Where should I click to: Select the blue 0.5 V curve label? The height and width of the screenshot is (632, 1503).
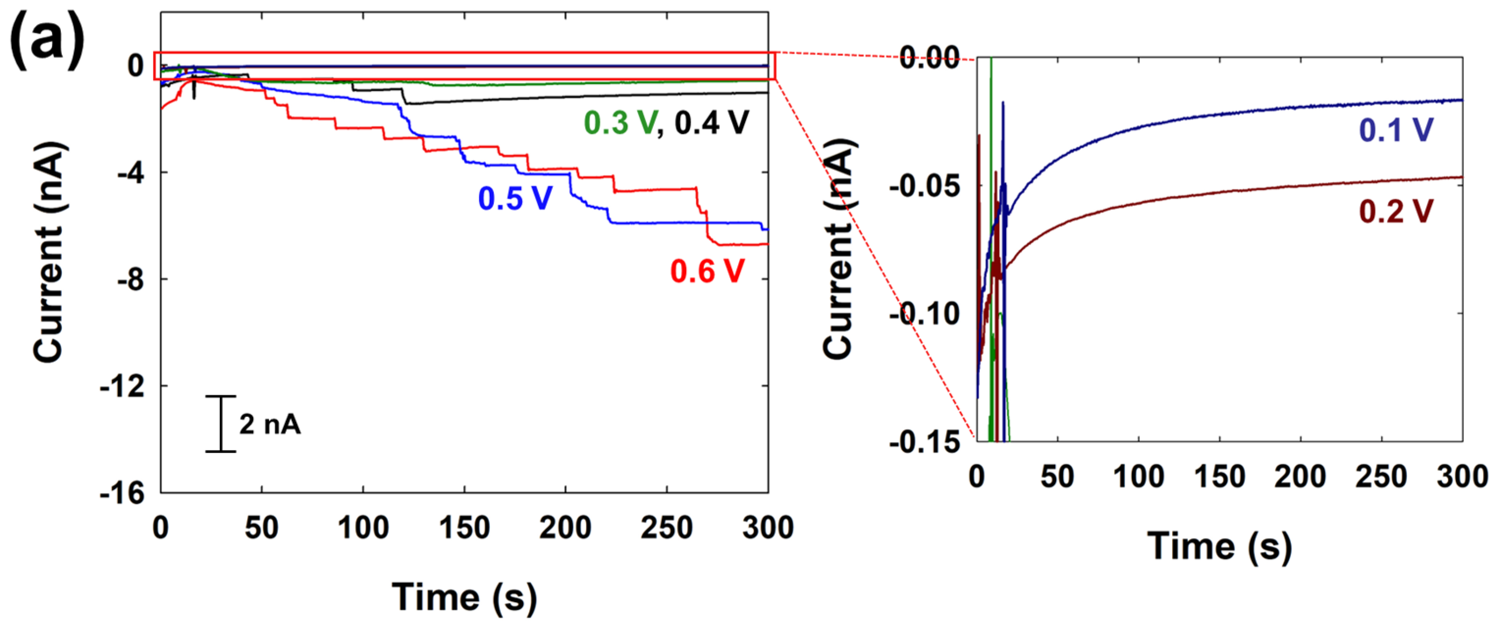(514, 198)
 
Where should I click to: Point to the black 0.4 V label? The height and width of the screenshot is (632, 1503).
(711, 123)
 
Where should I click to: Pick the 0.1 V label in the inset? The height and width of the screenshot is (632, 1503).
(1395, 129)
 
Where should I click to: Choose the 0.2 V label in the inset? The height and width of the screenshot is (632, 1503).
(1395, 211)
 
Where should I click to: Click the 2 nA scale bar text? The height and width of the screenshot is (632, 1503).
(269, 425)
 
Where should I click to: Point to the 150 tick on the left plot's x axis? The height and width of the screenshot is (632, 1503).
(464, 528)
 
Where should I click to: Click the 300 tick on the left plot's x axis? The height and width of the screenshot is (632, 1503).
(767, 528)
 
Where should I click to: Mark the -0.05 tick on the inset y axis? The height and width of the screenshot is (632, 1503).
(924, 186)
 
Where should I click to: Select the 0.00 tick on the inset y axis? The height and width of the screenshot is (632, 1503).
(929, 58)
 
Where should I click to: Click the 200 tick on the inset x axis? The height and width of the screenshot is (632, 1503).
(1300, 477)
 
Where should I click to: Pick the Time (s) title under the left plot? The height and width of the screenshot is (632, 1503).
(464, 597)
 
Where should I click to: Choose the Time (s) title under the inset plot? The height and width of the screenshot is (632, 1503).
(1219, 546)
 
